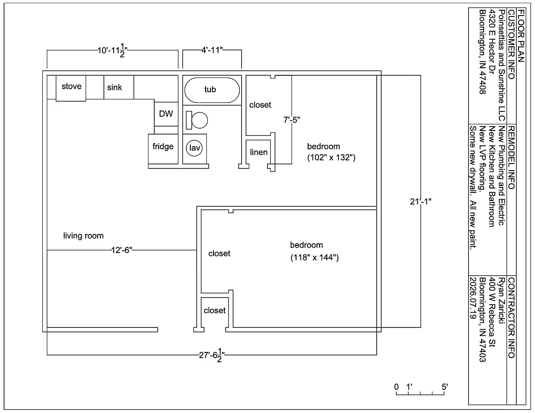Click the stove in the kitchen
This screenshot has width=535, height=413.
pyautogui.click(x=71, y=88)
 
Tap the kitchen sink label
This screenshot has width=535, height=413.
pyautogui.click(x=115, y=87)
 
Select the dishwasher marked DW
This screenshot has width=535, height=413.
pyautogui.click(x=166, y=114)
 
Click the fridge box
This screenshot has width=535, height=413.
pyautogui.click(x=163, y=149)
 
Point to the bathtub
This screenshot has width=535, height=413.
pyautogui.click(x=212, y=90)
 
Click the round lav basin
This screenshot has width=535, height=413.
pyautogui.click(x=194, y=148)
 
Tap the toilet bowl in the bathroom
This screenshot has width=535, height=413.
pyautogui.click(x=199, y=120)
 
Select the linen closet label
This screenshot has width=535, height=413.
pyautogui.click(x=259, y=152)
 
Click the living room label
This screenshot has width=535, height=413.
pyautogui.click(x=83, y=236)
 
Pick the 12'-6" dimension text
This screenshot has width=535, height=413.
pyautogui.click(x=122, y=250)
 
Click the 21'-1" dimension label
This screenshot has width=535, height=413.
pyautogui.click(x=420, y=202)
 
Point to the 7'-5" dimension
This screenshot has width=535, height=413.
pyautogui.click(x=292, y=120)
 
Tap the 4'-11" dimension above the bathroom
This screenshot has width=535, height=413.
pyautogui.click(x=212, y=50)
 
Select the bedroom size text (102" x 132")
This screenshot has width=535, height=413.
pyautogui.click(x=331, y=157)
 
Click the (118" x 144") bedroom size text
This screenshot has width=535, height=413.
pyautogui.click(x=315, y=258)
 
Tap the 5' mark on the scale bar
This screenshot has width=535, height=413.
pyautogui.click(x=444, y=387)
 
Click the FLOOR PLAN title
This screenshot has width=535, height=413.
pyautogui.click(x=521, y=36)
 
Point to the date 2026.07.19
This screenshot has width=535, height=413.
pyautogui.click(x=473, y=298)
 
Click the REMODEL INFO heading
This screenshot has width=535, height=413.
pyautogui.click(x=511, y=158)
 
